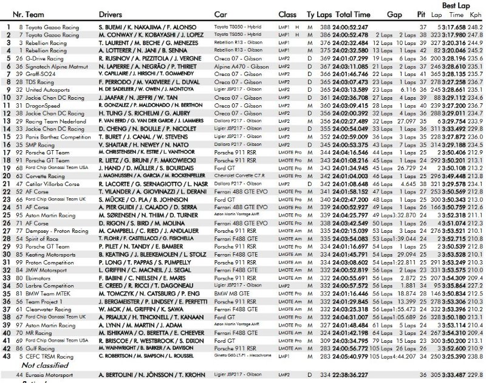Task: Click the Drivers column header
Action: pyautogui.click(x=113, y=13)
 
